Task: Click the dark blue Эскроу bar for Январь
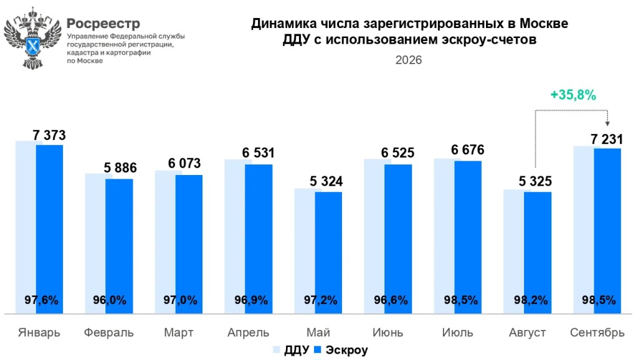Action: (x=50, y=229)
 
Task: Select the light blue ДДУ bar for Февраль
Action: (x=95, y=244)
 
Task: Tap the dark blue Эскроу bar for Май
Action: (x=328, y=253)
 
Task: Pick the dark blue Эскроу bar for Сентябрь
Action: (x=607, y=231)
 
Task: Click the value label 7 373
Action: (x=49, y=135)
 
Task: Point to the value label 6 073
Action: (x=184, y=163)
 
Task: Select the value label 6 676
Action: (x=467, y=149)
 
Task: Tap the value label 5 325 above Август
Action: (x=535, y=181)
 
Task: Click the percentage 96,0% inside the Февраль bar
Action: (x=110, y=300)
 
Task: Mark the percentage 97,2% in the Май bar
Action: (x=321, y=300)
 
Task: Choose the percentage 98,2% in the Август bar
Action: (x=531, y=300)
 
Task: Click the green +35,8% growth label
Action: (x=573, y=95)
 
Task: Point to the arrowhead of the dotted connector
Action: (x=607, y=123)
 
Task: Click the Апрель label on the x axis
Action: (x=248, y=333)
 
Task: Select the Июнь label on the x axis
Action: (x=388, y=333)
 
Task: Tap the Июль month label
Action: (x=458, y=333)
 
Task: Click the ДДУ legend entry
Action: (x=292, y=350)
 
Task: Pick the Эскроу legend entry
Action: (x=341, y=350)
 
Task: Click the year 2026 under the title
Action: (x=409, y=60)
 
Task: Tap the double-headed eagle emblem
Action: (x=32, y=39)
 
